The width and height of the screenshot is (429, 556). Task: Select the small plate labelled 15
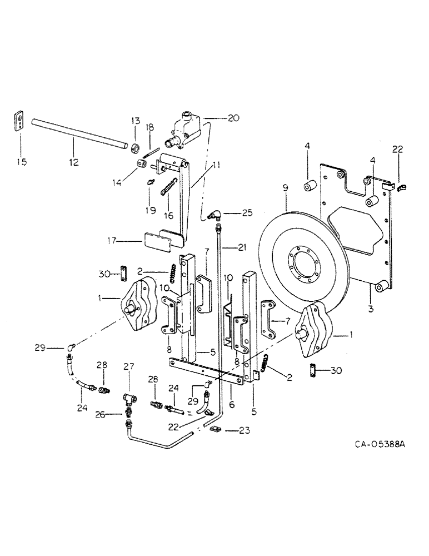pos(19,122)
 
